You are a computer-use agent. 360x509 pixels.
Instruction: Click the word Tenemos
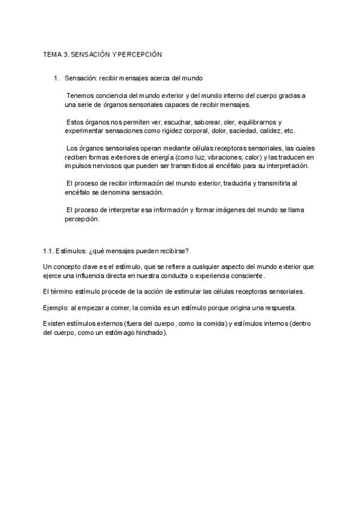coord(82,95)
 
